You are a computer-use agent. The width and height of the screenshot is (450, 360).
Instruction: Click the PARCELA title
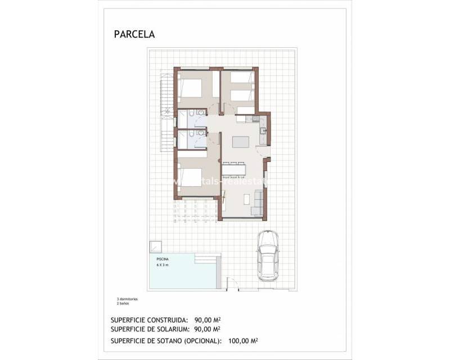point(134,34)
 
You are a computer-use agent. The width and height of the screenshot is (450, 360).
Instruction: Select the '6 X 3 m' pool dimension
point(162,264)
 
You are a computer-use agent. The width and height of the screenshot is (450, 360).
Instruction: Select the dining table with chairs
point(234,169)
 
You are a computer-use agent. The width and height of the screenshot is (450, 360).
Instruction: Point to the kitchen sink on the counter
point(263,131)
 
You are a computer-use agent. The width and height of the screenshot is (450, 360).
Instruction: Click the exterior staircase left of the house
point(165,110)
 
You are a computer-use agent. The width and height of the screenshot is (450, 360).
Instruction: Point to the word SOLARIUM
point(173,329)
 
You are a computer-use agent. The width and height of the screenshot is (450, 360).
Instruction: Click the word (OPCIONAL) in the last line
point(201,341)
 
